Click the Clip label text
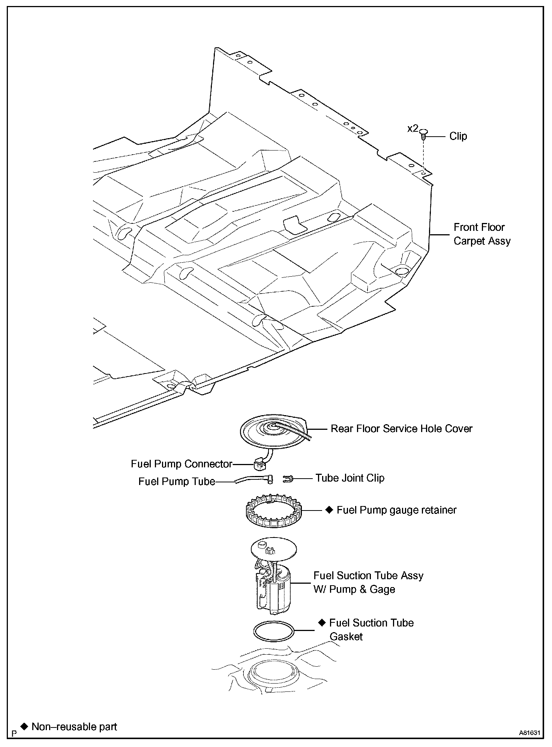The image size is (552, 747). click(x=458, y=136)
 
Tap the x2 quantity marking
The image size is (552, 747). click(x=412, y=129)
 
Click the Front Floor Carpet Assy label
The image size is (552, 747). click(x=482, y=234)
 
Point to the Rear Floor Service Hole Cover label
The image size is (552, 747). click(x=401, y=429)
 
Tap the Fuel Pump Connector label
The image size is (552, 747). click(x=181, y=464)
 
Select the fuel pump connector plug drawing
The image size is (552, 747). click(x=259, y=465)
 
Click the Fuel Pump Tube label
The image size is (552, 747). click(x=177, y=482)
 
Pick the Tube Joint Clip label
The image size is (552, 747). click(x=349, y=478)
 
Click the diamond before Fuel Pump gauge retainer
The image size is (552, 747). click(x=329, y=510)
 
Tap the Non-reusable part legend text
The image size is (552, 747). click(x=74, y=727)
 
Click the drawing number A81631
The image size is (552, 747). click(x=529, y=732)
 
